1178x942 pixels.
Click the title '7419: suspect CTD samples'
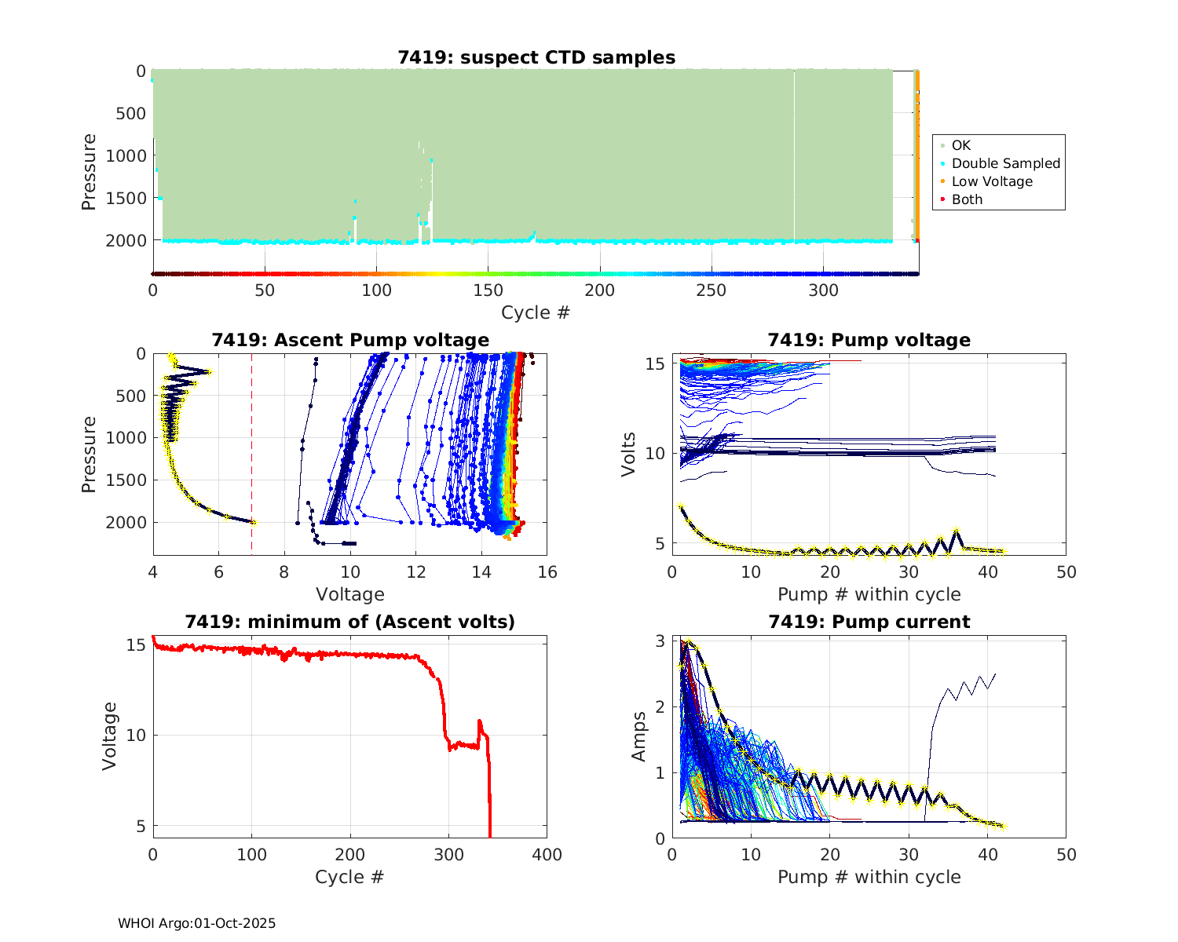[536, 57]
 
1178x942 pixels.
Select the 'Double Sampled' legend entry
[1005, 163]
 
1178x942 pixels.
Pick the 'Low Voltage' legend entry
[991, 181]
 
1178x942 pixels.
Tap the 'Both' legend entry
[967, 199]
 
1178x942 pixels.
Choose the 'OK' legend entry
[960, 145]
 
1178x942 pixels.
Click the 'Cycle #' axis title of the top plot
[536, 312]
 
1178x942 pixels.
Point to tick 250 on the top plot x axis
[712, 290]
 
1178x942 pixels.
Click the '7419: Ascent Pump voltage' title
[350, 340]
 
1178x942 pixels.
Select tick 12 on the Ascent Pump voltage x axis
[416, 571]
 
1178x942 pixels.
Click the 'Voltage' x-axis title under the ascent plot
[350, 594]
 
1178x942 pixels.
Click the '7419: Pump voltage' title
[869, 340]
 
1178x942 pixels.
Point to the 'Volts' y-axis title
[628, 454]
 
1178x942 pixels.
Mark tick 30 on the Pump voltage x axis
[909, 571]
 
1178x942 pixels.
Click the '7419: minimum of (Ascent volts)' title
[350, 622]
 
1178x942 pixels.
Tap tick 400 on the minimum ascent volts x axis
[547, 854]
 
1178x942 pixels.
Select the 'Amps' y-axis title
[639, 736]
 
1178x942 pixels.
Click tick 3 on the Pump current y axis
[661, 641]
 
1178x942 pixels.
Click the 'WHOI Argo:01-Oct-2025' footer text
[196, 923]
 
